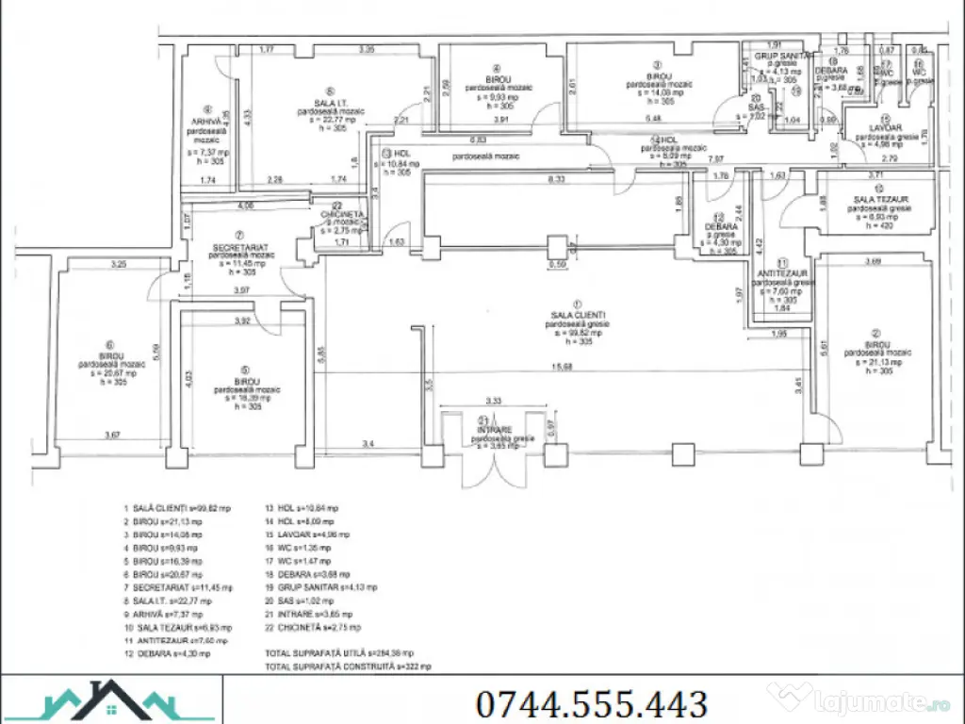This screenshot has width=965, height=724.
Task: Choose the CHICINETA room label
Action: (343, 214)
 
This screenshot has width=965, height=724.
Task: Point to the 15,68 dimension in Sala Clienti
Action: (566, 367)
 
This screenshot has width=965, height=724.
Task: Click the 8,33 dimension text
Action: (556, 178)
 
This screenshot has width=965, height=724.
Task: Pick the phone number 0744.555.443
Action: (592, 703)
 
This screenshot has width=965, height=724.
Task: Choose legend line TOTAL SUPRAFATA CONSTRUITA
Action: (348, 666)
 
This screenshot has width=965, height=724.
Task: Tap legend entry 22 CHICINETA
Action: (311, 626)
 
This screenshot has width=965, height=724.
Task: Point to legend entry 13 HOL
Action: (301, 507)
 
